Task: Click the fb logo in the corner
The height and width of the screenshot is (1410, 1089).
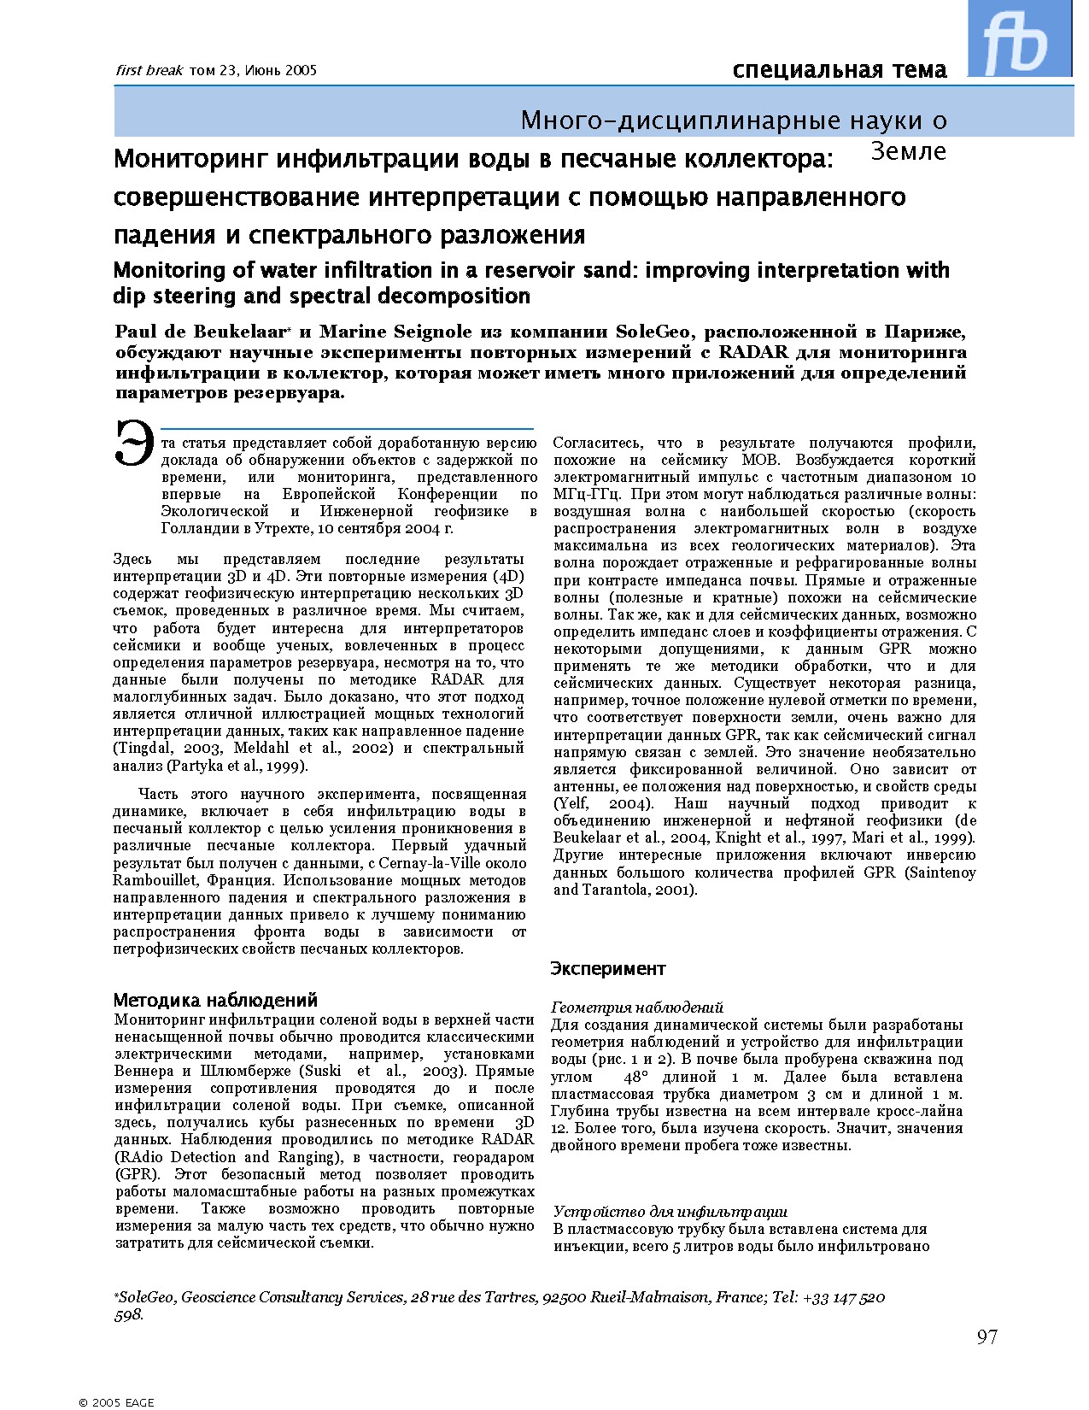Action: pyautogui.click(x=1018, y=38)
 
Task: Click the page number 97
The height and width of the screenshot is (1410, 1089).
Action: pyautogui.click(x=987, y=1337)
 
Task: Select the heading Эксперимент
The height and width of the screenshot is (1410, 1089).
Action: pyautogui.click(x=607, y=968)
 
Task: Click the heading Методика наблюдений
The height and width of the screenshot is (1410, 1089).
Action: pyautogui.click(x=215, y=1000)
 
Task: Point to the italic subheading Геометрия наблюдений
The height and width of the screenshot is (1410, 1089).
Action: pyautogui.click(x=637, y=1008)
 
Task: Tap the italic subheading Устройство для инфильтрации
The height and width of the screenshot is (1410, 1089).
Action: pyautogui.click(x=670, y=1212)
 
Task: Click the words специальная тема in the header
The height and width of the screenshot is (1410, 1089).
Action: pyautogui.click(x=839, y=70)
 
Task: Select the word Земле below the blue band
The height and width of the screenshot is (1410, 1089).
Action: pyautogui.click(x=909, y=151)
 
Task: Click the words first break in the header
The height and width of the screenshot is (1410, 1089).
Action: pyautogui.click(x=149, y=71)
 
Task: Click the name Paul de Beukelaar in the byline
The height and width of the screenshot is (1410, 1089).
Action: pyautogui.click(x=202, y=332)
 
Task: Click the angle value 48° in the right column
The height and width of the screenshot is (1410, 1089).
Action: pyautogui.click(x=638, y=1077)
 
